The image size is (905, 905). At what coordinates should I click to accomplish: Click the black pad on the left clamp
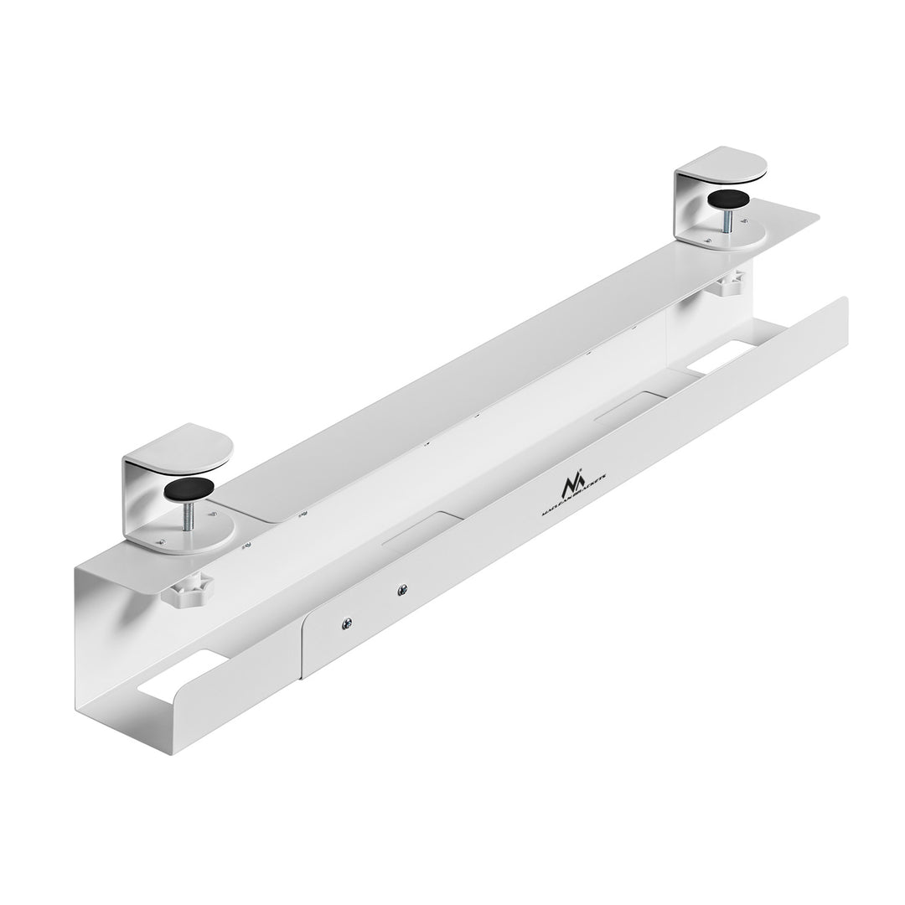coord(189,489)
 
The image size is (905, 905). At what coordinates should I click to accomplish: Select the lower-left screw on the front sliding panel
coord(346,623)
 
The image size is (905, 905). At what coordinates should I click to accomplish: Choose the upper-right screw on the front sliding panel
coord(403,590)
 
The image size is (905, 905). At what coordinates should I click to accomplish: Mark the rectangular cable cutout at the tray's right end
coord(721,357)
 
